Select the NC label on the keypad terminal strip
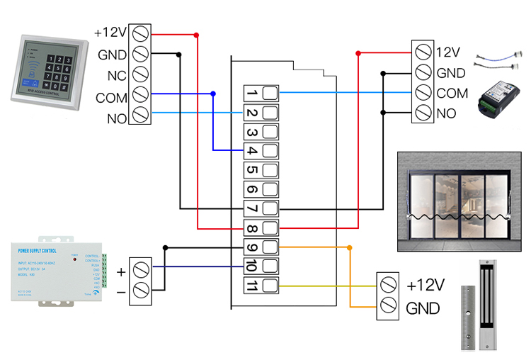point(117,74)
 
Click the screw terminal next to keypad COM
point(139,94)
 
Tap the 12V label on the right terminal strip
point(448,52)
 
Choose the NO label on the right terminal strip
point(447,113)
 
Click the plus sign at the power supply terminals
point(120,271)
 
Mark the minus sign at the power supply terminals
point(120,291)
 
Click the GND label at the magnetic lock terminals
point(423,309)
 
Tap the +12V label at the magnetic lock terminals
point(425,286)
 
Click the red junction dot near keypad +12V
point(196,35)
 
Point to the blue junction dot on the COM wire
point(214,94)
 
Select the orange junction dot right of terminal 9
point(348,247)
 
